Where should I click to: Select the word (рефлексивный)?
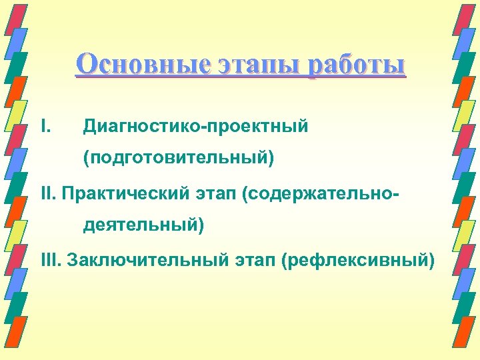pos(357,259)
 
